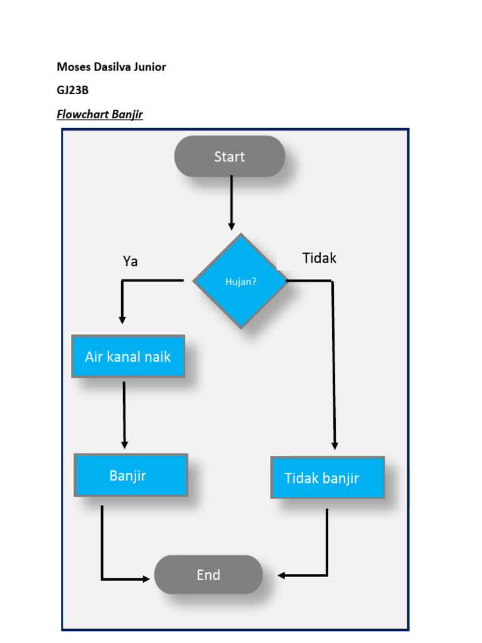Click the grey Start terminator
coord(230,156)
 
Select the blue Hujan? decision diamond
coord(240,281)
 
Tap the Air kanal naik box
coord(128,357)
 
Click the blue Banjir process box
coord(131,475)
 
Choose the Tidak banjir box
coord(327,478)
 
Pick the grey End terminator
coord(208,575)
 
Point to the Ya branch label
coord(130,261)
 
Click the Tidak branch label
coord(319,258)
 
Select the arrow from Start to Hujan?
coord(232,201)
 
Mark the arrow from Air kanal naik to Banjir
coord(124,414)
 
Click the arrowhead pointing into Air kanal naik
coord(122,320)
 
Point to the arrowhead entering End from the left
coord(146,579)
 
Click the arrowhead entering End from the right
coord(282,575)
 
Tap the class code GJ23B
coord(73,90)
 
